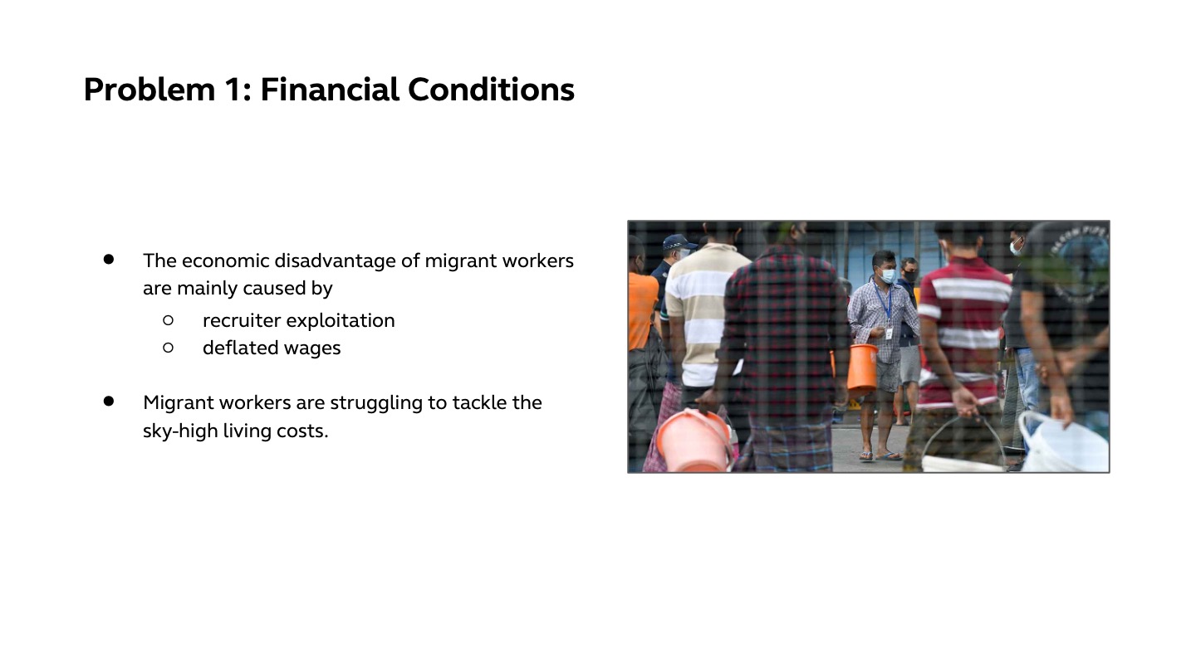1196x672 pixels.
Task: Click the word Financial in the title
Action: point(330,89)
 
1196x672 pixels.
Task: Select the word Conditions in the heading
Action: point(491,89)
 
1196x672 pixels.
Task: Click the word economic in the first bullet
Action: point(225,261)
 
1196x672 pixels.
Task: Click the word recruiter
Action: point(242,320)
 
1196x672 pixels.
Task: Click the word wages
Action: point(312,349)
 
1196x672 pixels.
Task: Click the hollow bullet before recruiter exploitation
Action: point(168,320)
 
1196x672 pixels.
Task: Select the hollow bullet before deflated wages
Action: point(168,348)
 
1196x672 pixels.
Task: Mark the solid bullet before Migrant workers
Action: point(109,401)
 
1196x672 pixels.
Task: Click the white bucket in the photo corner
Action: point(1064,443)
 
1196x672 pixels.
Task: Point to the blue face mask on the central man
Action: point(887,275)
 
